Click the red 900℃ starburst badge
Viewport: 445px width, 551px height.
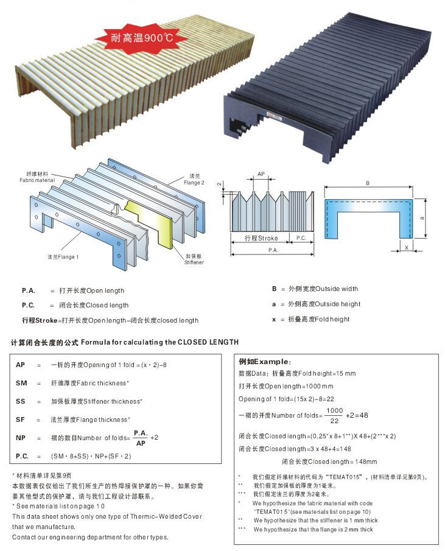pyautogui.click(x=142, y=38)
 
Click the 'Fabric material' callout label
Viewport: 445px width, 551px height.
pyautogui.click(x=37, y=177)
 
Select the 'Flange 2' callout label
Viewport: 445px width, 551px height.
pyautogui.click(x=194, y=179)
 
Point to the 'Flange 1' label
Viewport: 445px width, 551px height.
pyautogui.click(x=63, y=257)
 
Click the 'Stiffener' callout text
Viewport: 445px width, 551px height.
pyautogui.click(x=194, y=262)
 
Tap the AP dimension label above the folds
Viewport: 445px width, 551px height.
pyautogui.click(x=261, y=174)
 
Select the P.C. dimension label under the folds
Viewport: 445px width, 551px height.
pyautogui.click(x=301, y=238)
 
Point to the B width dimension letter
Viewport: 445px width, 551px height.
pyautogui.click(x=368, y=183)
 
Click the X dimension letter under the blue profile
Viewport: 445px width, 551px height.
pyautogui.click(x=407, y=247)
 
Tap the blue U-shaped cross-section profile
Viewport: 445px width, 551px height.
pyautogui.click(x=368, y=219)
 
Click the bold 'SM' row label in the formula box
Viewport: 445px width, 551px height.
pyautogui.click(x=21, y=383)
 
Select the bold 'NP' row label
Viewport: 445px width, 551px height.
pyautogui.click(x=21, y=438)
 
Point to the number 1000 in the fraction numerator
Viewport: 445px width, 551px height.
pyautogui.click(x=334, y=410)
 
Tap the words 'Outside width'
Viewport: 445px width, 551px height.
pyautogui.click(x=337, y=289)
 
